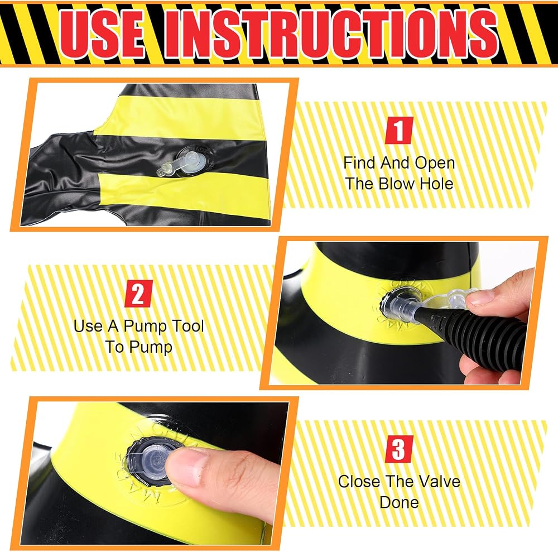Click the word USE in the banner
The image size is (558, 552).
click(x=103, y=34)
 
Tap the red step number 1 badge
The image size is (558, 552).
click(x=400, y=130)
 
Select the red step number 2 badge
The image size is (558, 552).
click(x=138, y=294)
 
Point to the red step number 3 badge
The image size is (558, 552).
click(x=400, y=449)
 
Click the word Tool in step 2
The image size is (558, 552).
click(x=188, y=326)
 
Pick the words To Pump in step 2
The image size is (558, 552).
click(x=139, y=347)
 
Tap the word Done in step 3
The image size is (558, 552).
click(x=400, y=502)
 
